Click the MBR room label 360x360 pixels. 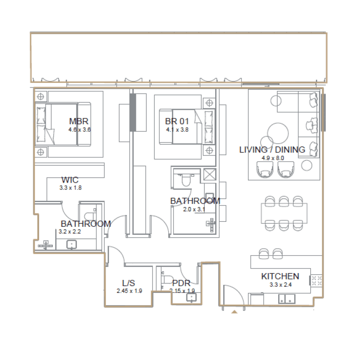point(78,121)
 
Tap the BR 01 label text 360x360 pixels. point(176,121)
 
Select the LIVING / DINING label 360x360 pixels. point(272,150)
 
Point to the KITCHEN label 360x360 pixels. point(280,276)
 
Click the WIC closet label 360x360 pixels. point(70,180)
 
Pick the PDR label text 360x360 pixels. point(181,283)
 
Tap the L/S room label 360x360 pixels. point(129,283)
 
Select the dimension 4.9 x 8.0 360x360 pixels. point(272,158)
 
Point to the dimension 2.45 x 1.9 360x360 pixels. point(129,291)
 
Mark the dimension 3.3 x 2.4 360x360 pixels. point(280,284)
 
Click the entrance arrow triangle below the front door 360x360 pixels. point(234,311)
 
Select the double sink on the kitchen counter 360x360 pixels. point(286,298)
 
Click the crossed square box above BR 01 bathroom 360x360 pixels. point(209,174)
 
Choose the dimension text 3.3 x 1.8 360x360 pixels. point(70,188)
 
